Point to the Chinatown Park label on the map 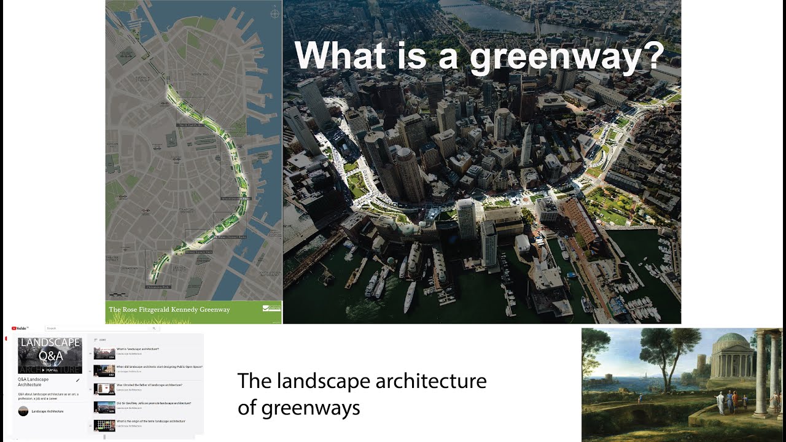pyautogui.click(x=157, y=287)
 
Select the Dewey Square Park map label pyautogui.click(x=199, y=252)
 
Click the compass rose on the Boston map pyautogui.click(x=273, y=13)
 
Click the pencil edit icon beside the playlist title pyautogui.click(x=78, y=381)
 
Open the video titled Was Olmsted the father pyautogui.click(x=149, y=385)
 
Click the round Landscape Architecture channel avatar pyautogui.click(x=23, y=411)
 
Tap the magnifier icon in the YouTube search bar pyautogui.click(x=154, y=328)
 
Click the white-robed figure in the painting pyautogui.click(x=720, y=403)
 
